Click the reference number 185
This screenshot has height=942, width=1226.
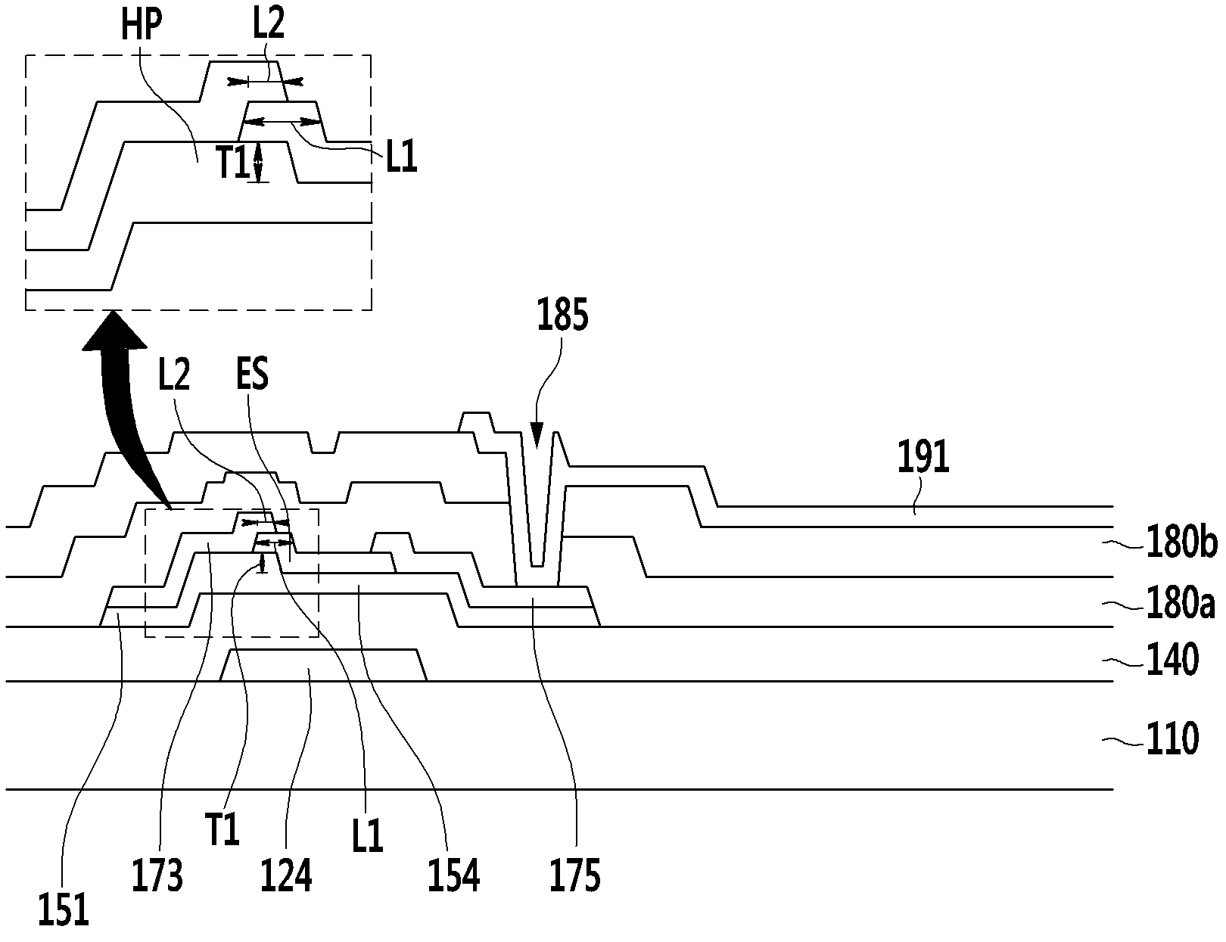pos(562,315)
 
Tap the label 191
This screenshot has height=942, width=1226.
pos(923,457)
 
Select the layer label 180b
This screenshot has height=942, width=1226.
pos(1181,543)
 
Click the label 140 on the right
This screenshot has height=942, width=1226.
pos(1172,660)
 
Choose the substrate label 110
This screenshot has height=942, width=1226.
pos(1172,738)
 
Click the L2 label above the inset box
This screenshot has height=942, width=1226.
pos(269,23)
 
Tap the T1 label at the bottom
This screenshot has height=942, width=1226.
pos(222,830)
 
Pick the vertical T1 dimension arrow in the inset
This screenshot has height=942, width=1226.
pos(258,162)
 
